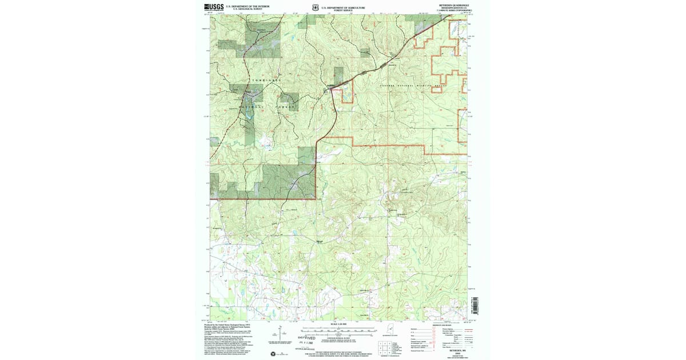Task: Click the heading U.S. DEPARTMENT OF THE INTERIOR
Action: pyautogui.click(x=247, y=6)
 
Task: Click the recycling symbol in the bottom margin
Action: pyautogui.click(x=274, y=354)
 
